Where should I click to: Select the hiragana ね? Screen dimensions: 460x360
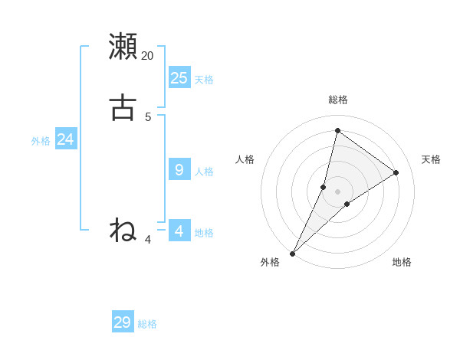(123, 229)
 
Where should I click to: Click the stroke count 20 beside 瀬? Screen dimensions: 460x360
(148, 56)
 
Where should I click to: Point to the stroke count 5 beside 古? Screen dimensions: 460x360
(148, 117)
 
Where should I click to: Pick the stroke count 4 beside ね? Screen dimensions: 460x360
(148, 240)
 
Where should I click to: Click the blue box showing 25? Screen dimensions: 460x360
(179, 77)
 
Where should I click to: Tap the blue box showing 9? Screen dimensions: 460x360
(179, 169)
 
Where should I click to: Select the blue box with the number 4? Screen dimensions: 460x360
(179, 231)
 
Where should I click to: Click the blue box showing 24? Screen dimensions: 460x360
(66, 139)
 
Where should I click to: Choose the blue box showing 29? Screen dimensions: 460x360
(123, 322)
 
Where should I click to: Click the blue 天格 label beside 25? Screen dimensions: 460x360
(204, 80)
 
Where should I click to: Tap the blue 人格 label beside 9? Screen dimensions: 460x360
(204, 172)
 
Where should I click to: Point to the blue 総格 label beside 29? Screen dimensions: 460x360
(147, 325)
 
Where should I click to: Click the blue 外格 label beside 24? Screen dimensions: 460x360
(41, 141)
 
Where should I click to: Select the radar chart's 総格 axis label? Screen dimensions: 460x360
(337, 100)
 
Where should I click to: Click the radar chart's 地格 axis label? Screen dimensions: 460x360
(402, 263)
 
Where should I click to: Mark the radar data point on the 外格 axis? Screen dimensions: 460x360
(292, 253)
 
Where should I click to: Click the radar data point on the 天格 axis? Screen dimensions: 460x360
(396, 172)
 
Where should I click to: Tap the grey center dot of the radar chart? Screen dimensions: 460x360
(337, 191)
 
